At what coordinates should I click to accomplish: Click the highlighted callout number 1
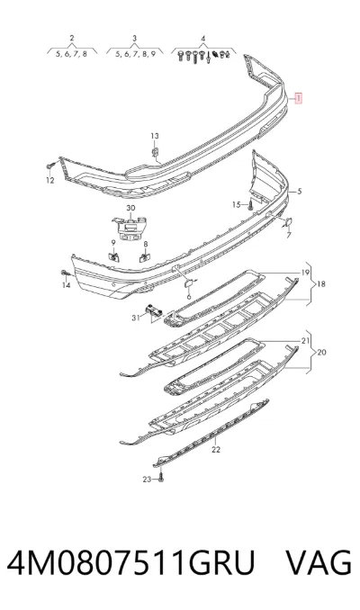point(299,98)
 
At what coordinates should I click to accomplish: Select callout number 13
point(155,136)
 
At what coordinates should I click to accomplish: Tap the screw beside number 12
point(50,166)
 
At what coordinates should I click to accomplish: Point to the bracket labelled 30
point(130,228)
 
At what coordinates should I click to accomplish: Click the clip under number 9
point(113,256)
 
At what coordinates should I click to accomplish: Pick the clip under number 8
point(145,256)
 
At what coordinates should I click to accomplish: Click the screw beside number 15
point(251,205)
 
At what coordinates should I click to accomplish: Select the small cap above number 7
point(288,222)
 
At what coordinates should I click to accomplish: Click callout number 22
point(216,450)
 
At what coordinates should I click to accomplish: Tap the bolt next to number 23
point(161,478)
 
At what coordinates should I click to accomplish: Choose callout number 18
point(320,284)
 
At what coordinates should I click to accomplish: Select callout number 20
point(321,353)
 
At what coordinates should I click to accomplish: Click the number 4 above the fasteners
point(203,39)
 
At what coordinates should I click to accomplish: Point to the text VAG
point(319,562)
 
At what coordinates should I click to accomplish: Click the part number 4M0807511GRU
point(130,562)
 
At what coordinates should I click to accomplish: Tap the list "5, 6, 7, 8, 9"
point(135,54)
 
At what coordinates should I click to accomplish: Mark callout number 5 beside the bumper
point(300,191)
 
